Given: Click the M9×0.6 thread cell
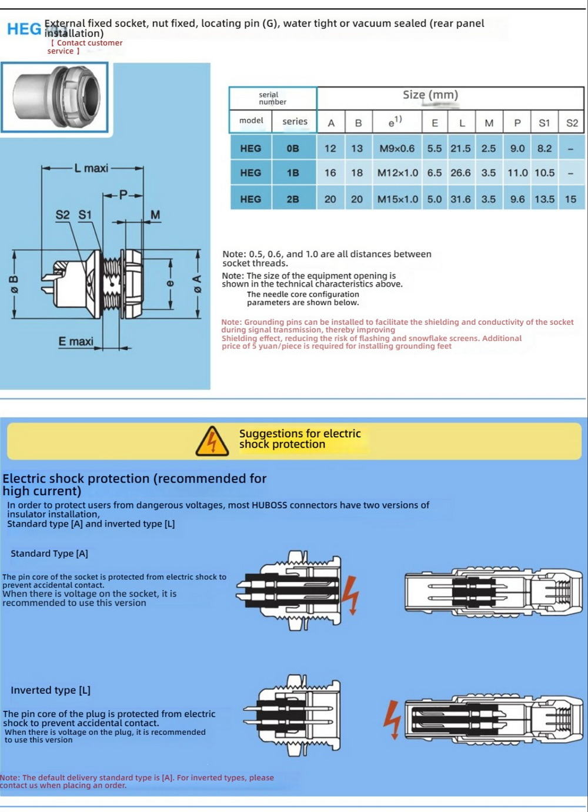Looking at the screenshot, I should click(397, 149).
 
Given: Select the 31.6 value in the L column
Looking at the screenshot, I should click(460, 199).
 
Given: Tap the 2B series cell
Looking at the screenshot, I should click(293, 199).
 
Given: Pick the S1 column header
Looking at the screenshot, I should click(544, 123).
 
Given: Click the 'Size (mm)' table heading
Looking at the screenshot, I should click(430, 95).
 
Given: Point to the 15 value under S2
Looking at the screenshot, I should click(570, 199).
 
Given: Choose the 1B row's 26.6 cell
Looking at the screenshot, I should click(460, 173).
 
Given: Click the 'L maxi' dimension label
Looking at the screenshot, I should click(91, 169).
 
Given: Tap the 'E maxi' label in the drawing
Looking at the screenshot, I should click(76, 341).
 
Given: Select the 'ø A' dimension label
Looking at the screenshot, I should click(198, 284).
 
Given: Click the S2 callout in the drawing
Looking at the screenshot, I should click(62, 215).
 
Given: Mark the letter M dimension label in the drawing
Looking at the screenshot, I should click(155, 215).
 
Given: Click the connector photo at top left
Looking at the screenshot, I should click(55, 97).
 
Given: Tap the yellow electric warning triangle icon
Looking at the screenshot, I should click(212, 441).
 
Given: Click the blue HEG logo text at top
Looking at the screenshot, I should click(24, 28).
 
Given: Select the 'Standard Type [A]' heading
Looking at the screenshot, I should click(49, 553).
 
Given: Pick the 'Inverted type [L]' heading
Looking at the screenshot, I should click(51, 690).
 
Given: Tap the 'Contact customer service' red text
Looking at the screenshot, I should click(86, 46).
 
